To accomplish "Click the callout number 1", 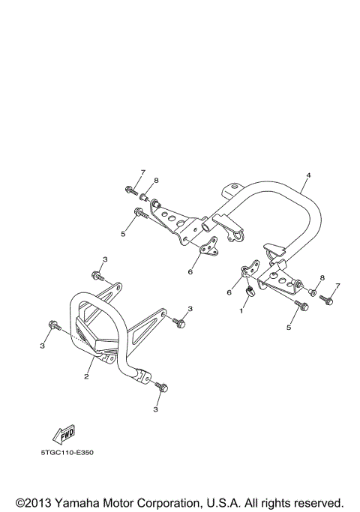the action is pyautogui.click(x=241, y=311).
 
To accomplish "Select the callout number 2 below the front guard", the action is pyautogui.click(x=86, y=376).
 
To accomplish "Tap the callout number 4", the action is pyautogui.click(x=308, y=175).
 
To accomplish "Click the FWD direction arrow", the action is pyautogui.click(x=64, y=434).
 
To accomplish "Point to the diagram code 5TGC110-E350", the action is pyautogui.click(x=67, y=452).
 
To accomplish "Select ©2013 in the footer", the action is pyautogui.click(x=33, y=502).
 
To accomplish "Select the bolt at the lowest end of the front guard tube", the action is pyautogui.click(x=162, y=387).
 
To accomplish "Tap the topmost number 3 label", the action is pyautogui.click(x=105, y=259).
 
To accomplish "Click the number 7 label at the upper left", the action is pyautogui.click(x=142, y=172).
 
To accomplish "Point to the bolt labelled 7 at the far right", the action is pyautogui.click(x=326, y=300).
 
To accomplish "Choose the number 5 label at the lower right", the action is pyautogui.click(x=289, y=327).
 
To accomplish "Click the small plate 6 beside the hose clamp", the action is pyautogui.click(x=251, y=268).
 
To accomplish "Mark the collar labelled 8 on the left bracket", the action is pyautogui.click(x=143, y=197).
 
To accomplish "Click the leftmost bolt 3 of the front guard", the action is pyautogui.click(x=54, y=325).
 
